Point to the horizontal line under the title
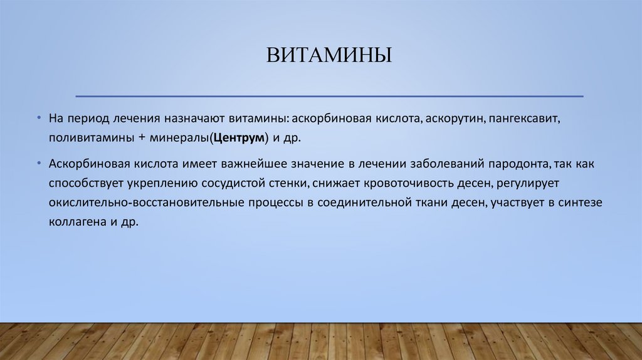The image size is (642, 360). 329,97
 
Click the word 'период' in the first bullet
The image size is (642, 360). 87,118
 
